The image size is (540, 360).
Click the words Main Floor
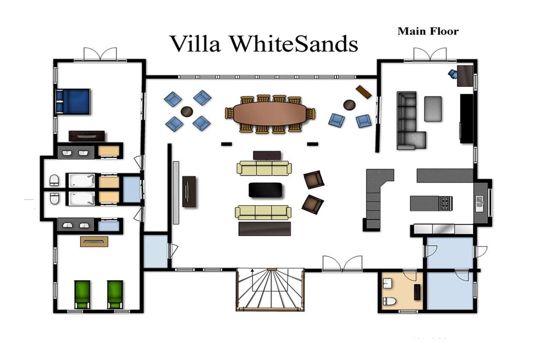(428, 32)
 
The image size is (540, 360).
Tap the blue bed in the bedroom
(73, 101)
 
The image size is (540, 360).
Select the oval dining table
(270, 114)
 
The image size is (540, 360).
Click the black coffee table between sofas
(265, 190)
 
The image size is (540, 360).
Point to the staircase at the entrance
(270, 290)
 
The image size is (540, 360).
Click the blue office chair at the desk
(453, 74)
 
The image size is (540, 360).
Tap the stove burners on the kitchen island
(445, 203)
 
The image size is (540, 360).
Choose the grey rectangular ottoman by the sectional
(433, 109)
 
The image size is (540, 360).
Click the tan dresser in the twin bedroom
(94, 241)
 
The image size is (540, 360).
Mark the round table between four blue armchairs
(187, 112)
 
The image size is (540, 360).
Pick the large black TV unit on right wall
(467, 119)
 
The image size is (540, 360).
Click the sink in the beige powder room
(387, 283)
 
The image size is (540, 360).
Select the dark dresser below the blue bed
(87, 136)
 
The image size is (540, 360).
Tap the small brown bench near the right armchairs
(364, 92)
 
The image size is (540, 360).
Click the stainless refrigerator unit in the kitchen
(443, 229)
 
